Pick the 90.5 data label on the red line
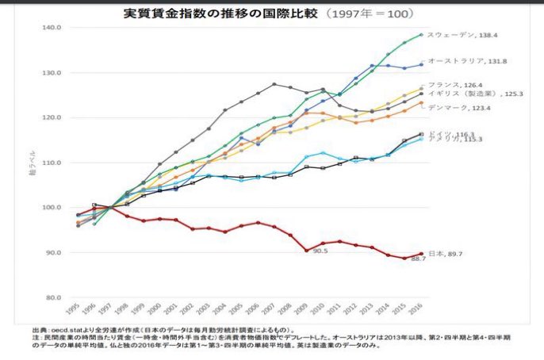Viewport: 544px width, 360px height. [x=320, y=250]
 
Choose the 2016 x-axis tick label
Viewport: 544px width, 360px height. [x=420, y=311]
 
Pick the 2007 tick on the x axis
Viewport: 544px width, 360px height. [x=274, y=311]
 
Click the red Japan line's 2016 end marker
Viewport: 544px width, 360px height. [x=421, y=254]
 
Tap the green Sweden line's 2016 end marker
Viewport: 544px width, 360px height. [x=421, y=35]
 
